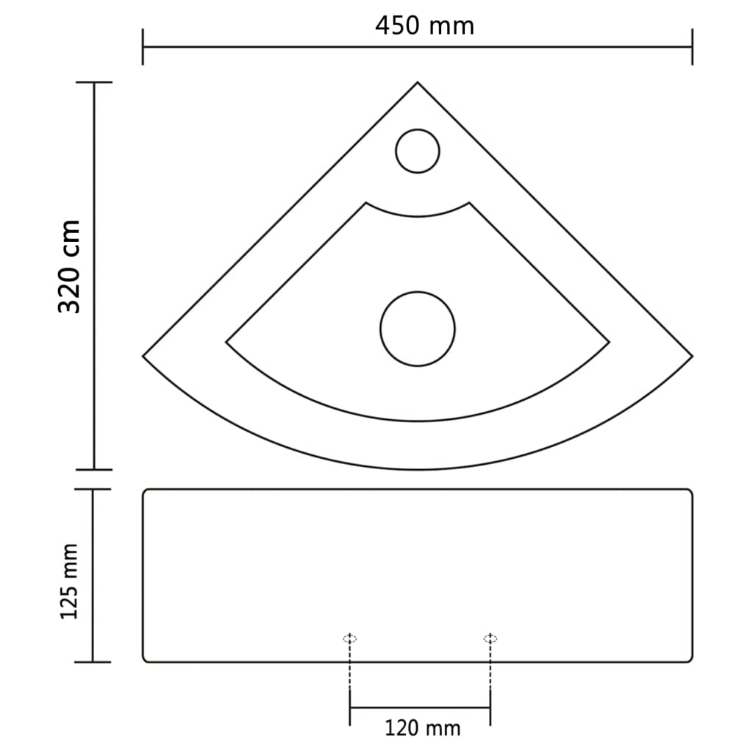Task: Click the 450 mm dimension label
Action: click(x=424, y=26)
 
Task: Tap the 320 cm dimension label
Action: click(x=70, y=266)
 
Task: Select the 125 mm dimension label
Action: click(x=69, y=581)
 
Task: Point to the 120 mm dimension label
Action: click(x=422, y=729)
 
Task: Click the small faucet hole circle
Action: click(x=418, y=151)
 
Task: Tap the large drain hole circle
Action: click(x=418, y=329)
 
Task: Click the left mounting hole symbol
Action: click(x=350, y=638)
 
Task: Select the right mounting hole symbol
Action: click(x=490, y=638)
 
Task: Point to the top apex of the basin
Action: click(x=418, y=83)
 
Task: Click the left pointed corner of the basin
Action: click(x=144, y=356)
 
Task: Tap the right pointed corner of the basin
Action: click(x=691, y=356)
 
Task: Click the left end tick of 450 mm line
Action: click(x=143, y=47)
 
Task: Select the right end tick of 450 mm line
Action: click(x=692, y=47)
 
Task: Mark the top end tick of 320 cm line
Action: click(x=93, y=82)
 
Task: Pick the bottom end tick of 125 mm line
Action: click(x=93, y=662)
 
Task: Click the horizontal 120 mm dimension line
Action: click(x=420, y=707)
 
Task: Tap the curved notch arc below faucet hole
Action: click(x=418, y=215)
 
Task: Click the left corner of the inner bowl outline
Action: click(x=226, y=342)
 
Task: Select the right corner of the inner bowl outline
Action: click(x=609, y=342)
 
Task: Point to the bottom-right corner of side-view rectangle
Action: click(x=690, y=660)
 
